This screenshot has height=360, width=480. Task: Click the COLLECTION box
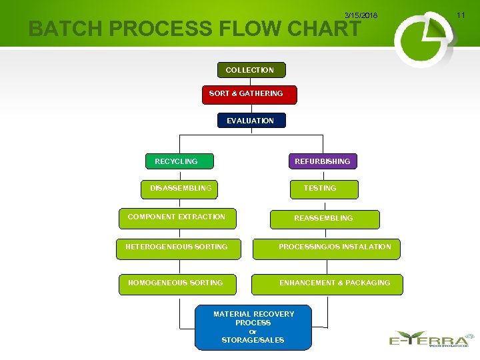point(251,70)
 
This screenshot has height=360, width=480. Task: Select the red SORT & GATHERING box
point(249,94)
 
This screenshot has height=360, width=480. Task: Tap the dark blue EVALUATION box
point(251,121)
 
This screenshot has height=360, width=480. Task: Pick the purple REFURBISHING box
point(323,161)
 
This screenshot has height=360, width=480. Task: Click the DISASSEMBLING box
point(180,189)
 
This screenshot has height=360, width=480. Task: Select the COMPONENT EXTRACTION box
point(177,217)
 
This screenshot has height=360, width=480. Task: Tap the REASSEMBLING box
point(324,219)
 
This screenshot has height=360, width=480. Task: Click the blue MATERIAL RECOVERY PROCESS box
point(253,327)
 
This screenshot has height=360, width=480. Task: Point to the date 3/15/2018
point(361,15)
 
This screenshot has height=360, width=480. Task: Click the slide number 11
point(460,15)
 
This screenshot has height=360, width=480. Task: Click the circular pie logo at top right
point(423,39)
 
